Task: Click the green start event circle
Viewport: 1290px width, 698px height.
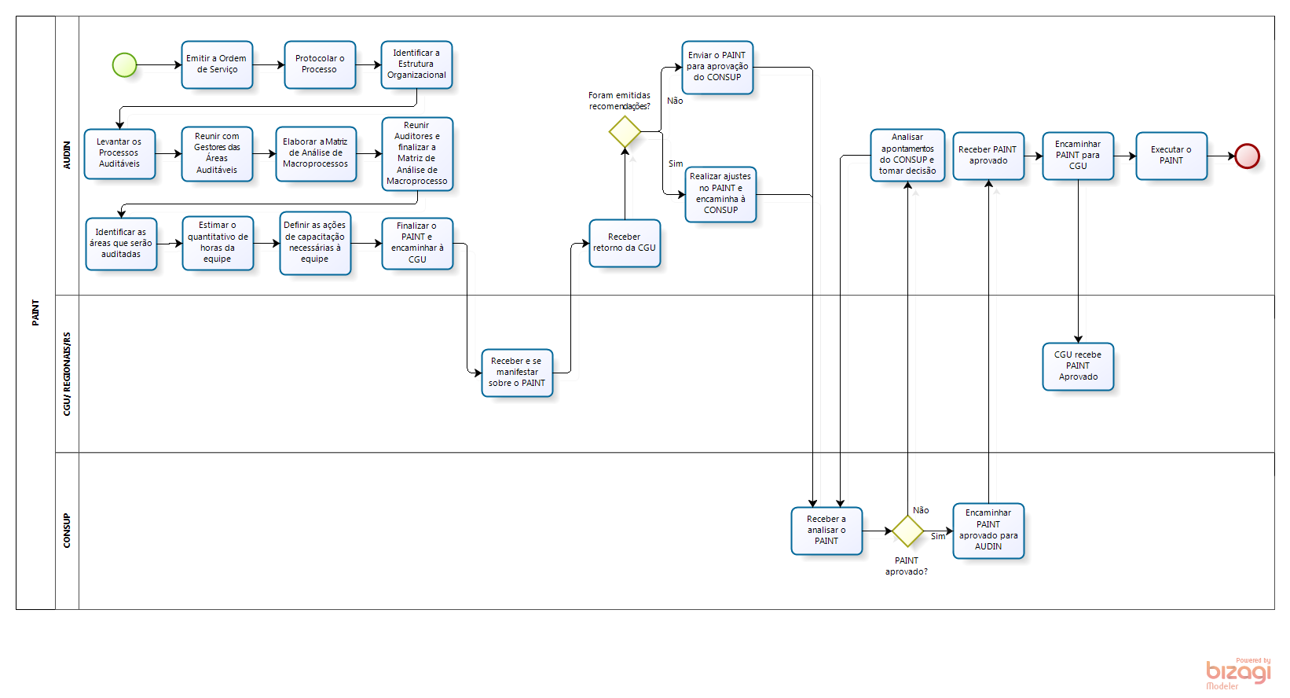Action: coord(124,65)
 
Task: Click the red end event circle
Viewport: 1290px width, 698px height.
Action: coord(1247,156)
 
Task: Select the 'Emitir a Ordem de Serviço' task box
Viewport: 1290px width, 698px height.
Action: coord(217,64)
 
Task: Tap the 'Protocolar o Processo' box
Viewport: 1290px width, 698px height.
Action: coord(320,64)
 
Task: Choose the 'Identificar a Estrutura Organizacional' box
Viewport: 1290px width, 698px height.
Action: coord(416,64)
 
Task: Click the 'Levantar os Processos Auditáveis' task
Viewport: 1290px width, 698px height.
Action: coord(119,153)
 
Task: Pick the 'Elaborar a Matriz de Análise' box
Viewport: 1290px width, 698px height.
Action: coord(316,153)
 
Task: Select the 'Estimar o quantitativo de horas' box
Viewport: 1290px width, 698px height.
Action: coord(218,243)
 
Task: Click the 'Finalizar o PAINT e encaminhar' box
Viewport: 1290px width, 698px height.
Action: coord(417,243)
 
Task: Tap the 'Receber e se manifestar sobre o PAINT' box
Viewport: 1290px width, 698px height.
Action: coord(517,373)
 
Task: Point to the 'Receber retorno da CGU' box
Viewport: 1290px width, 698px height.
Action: coord(625,243)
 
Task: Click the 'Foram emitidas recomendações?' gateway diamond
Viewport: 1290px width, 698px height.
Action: coord(625,132)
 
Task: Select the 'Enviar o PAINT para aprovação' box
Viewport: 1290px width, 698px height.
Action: coord(717,67)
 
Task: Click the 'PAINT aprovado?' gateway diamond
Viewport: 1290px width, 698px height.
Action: coord(907,531)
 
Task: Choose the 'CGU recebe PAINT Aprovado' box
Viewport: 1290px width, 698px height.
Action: coord(1078,366)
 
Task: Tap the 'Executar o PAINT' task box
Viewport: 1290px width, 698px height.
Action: coord(1171,156)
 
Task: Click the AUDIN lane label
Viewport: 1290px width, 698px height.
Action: coord(67,155)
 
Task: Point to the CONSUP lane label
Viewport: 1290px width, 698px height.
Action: coord(67,531)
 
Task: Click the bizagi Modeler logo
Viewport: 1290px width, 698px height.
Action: coord(1238,674)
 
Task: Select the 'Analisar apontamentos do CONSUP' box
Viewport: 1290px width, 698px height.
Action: coord(907,155)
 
